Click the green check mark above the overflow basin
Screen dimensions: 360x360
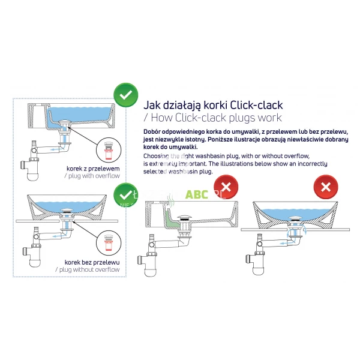point(125,95)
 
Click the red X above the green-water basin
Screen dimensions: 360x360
point(226,186)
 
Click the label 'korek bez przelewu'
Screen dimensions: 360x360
point(92,262)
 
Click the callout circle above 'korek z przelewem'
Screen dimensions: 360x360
point(110,146)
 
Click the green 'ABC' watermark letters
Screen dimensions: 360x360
point(197,194)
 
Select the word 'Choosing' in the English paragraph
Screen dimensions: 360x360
point(158,155)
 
